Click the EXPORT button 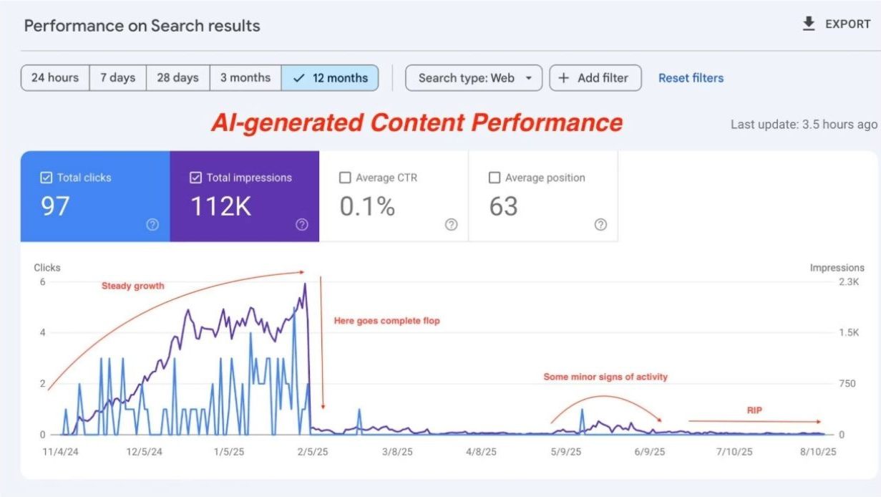(x=836, y=24)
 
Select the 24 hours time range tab (x=55, y=78)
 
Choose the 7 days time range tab (x=117, y=78)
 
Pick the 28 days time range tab (x=177, y=78)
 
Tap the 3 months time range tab (x=245, y=78)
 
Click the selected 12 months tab (x=330, y=78)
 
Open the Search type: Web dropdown (x=474, y=78)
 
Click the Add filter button (x=594, y=78)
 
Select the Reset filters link (x=691, y=78)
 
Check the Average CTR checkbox (x=345, y=178)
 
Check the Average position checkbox (x=495, y=178)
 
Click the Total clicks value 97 (x=55, y=206)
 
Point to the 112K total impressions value (x=221, y=206)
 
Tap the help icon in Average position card (x=600, y=225)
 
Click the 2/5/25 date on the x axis (x=313, y=452)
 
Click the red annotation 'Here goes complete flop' (x=386, y=321)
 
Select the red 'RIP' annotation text (x=754, y=410)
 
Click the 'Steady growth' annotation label (x=132, y=286)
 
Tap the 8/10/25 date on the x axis (x=819, y=452)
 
